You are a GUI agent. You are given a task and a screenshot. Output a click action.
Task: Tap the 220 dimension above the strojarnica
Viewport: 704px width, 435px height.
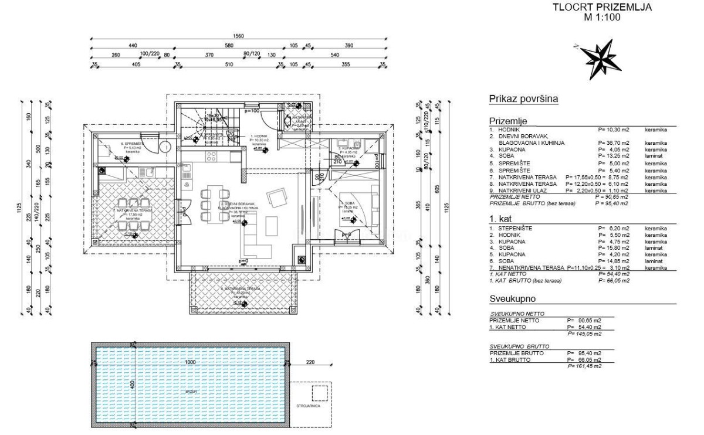pos(310,362)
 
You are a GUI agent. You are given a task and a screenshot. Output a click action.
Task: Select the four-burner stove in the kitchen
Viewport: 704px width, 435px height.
pos(211,156)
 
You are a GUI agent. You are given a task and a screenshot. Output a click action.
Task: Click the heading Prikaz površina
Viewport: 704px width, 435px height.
pos(523,99)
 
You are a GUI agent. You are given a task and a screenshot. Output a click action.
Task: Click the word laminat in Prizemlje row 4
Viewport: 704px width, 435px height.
pos(653,155)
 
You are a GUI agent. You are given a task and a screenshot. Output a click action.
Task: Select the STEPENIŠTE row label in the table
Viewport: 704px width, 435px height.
pos(515,228)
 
